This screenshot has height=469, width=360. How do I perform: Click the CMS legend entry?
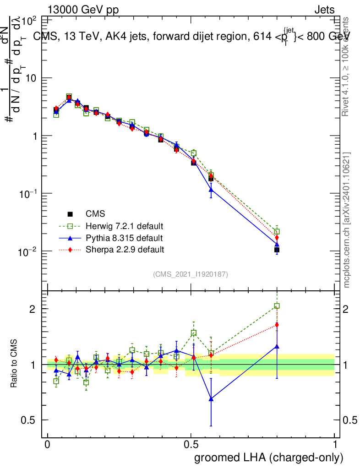[x=95, y=214]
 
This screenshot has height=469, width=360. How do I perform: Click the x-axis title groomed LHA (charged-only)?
[x=269, y=458]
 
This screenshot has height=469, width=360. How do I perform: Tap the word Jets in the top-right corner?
[x=324, y=10]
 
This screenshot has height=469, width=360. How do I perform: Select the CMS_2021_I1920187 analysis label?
[x=191, y=274]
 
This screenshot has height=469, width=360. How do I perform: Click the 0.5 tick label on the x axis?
[x=191, y=444]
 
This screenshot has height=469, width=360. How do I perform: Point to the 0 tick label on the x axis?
[x=48, y=444]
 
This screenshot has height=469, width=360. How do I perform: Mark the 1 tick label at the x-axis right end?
[x=334, y=444]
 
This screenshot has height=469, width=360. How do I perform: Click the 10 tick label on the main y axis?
[x=31, y=78]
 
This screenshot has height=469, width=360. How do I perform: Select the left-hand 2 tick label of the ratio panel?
[x=33, y=309]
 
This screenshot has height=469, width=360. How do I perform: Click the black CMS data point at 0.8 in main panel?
[x=277, y=250]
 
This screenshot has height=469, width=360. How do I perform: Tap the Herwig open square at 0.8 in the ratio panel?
[x=277, y=306]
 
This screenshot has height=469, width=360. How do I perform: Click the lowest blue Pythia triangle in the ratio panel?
[x=211, y=399]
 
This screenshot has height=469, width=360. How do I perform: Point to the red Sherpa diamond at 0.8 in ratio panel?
[x=277, y=325]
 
